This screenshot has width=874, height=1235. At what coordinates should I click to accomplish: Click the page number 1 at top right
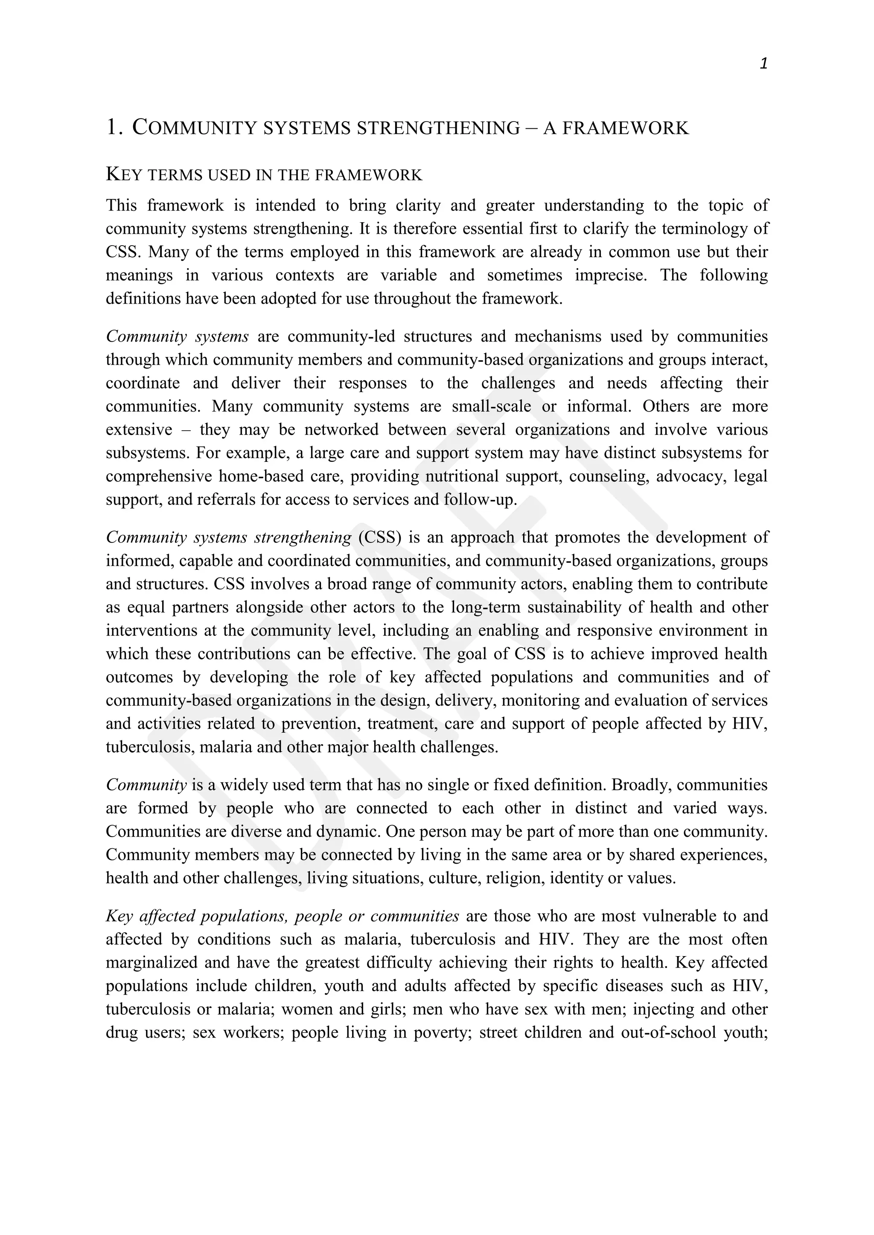click(763, 64)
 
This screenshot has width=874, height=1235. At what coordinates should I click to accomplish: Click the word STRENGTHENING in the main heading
click(439, 128)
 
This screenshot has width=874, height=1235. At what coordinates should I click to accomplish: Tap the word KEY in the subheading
click(124, 175)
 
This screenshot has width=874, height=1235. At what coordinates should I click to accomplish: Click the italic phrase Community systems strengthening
click(228, 537)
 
